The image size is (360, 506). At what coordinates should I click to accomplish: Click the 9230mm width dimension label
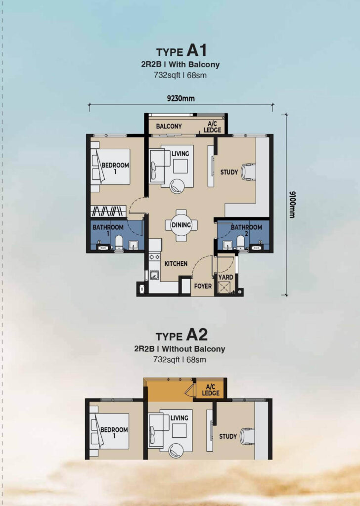(180, 98)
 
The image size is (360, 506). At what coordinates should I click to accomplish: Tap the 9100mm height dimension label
(292, 205)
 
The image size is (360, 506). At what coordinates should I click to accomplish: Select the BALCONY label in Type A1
(169, 126)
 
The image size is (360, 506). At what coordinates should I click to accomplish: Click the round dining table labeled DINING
(181, 225)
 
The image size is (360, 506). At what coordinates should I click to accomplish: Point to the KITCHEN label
(176, 264)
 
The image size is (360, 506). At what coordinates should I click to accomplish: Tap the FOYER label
(203, 286)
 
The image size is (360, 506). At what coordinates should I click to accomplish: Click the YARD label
(225, 277)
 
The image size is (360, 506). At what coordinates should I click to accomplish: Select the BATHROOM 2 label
(246, 230)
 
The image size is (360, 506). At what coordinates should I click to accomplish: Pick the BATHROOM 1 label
(108, 230)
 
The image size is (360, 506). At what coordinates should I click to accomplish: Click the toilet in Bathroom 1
(119, 242)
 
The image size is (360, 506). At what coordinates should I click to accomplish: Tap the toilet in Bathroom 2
(240, 242)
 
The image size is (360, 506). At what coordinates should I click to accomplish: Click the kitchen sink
(154, 275)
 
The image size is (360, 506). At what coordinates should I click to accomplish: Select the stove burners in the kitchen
(154, 257)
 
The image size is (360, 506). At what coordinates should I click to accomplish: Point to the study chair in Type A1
(249, 171)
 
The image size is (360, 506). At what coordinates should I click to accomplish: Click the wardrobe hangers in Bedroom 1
(108, 211)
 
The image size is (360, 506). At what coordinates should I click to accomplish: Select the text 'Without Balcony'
(193, 349)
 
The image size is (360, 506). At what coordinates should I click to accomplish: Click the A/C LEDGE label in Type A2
(211, 390)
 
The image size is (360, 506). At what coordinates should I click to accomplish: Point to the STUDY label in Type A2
(228, 436)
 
